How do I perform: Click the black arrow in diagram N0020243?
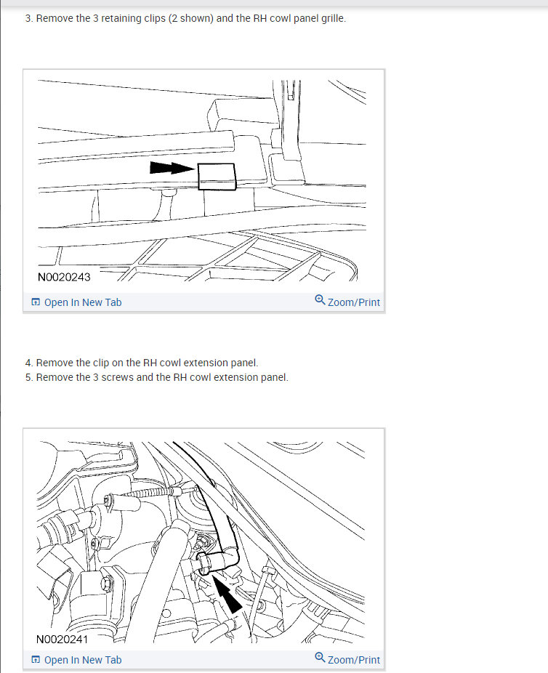172,167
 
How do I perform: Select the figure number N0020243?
64,278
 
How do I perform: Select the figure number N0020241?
63,640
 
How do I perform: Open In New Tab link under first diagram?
76,302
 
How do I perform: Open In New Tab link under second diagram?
76,660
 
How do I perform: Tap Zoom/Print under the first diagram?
347,302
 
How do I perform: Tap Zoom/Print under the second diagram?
347,659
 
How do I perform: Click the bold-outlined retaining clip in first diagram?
217,177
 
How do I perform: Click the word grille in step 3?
334,18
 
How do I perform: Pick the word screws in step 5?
117,377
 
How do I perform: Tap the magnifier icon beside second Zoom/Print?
320,657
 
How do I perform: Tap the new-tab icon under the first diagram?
36,302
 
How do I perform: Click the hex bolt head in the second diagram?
106,583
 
